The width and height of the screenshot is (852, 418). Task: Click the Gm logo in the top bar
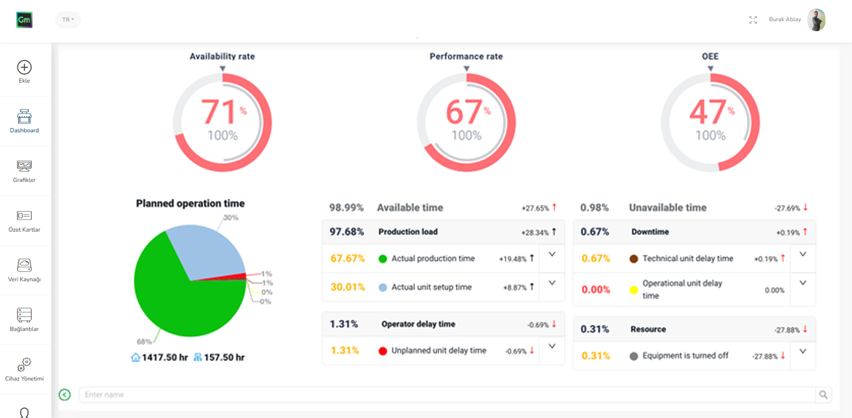[24, 20]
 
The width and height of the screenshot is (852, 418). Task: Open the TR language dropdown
[68, 20]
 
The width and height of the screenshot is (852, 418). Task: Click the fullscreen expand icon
[753, 20]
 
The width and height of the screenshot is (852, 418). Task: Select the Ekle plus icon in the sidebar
[24, 67]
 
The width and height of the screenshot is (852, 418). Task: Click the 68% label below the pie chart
[144, 341]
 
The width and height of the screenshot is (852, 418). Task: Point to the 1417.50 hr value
[164, 357]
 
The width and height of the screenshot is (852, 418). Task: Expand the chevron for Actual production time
[552, 254]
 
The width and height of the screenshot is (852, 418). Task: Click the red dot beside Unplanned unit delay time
[383, 351]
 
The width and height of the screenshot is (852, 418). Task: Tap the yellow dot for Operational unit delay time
[633, 290]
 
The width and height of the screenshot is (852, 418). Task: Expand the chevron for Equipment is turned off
[802, 351]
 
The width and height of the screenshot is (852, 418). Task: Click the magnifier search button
[823, 395]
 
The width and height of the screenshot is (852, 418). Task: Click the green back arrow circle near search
[65, 395]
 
